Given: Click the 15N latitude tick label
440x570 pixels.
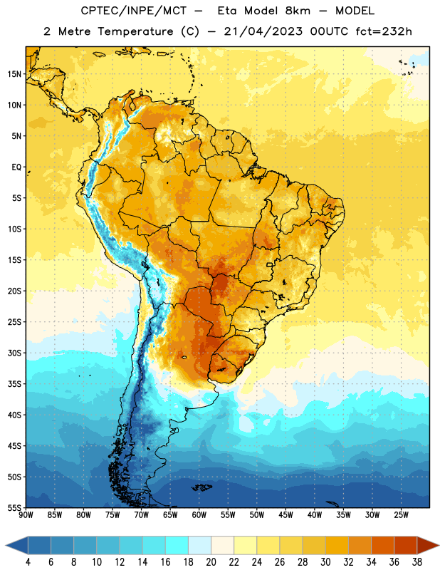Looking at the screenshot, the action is click(14, 74).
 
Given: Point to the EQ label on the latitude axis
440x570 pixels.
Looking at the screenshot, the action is click(16, 167).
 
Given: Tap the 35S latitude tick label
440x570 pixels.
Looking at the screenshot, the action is click(14, 384).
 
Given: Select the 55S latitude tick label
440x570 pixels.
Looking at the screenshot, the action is click(14, 507).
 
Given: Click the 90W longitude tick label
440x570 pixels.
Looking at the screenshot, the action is click(26, 515).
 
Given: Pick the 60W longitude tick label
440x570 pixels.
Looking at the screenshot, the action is click(199, 515).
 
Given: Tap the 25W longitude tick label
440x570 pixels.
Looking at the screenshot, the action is click(401, 515).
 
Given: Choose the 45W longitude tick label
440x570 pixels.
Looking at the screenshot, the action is click(286, 515).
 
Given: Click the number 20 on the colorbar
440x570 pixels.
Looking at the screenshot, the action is click(211, 562).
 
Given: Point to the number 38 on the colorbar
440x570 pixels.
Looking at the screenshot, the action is click(417, 562).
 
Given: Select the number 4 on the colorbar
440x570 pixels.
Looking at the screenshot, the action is click(28, 562).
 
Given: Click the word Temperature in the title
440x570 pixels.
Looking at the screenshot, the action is click(135, 31).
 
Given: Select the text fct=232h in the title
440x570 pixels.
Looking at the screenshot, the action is click(384, 31).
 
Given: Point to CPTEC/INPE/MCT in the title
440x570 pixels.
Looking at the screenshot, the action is click(134, 11).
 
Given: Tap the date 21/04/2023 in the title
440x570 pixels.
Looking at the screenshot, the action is click(263, 31).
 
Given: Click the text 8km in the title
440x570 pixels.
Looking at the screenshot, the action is click(298, 11).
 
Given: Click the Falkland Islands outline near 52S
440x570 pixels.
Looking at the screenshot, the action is click(201, 487).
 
